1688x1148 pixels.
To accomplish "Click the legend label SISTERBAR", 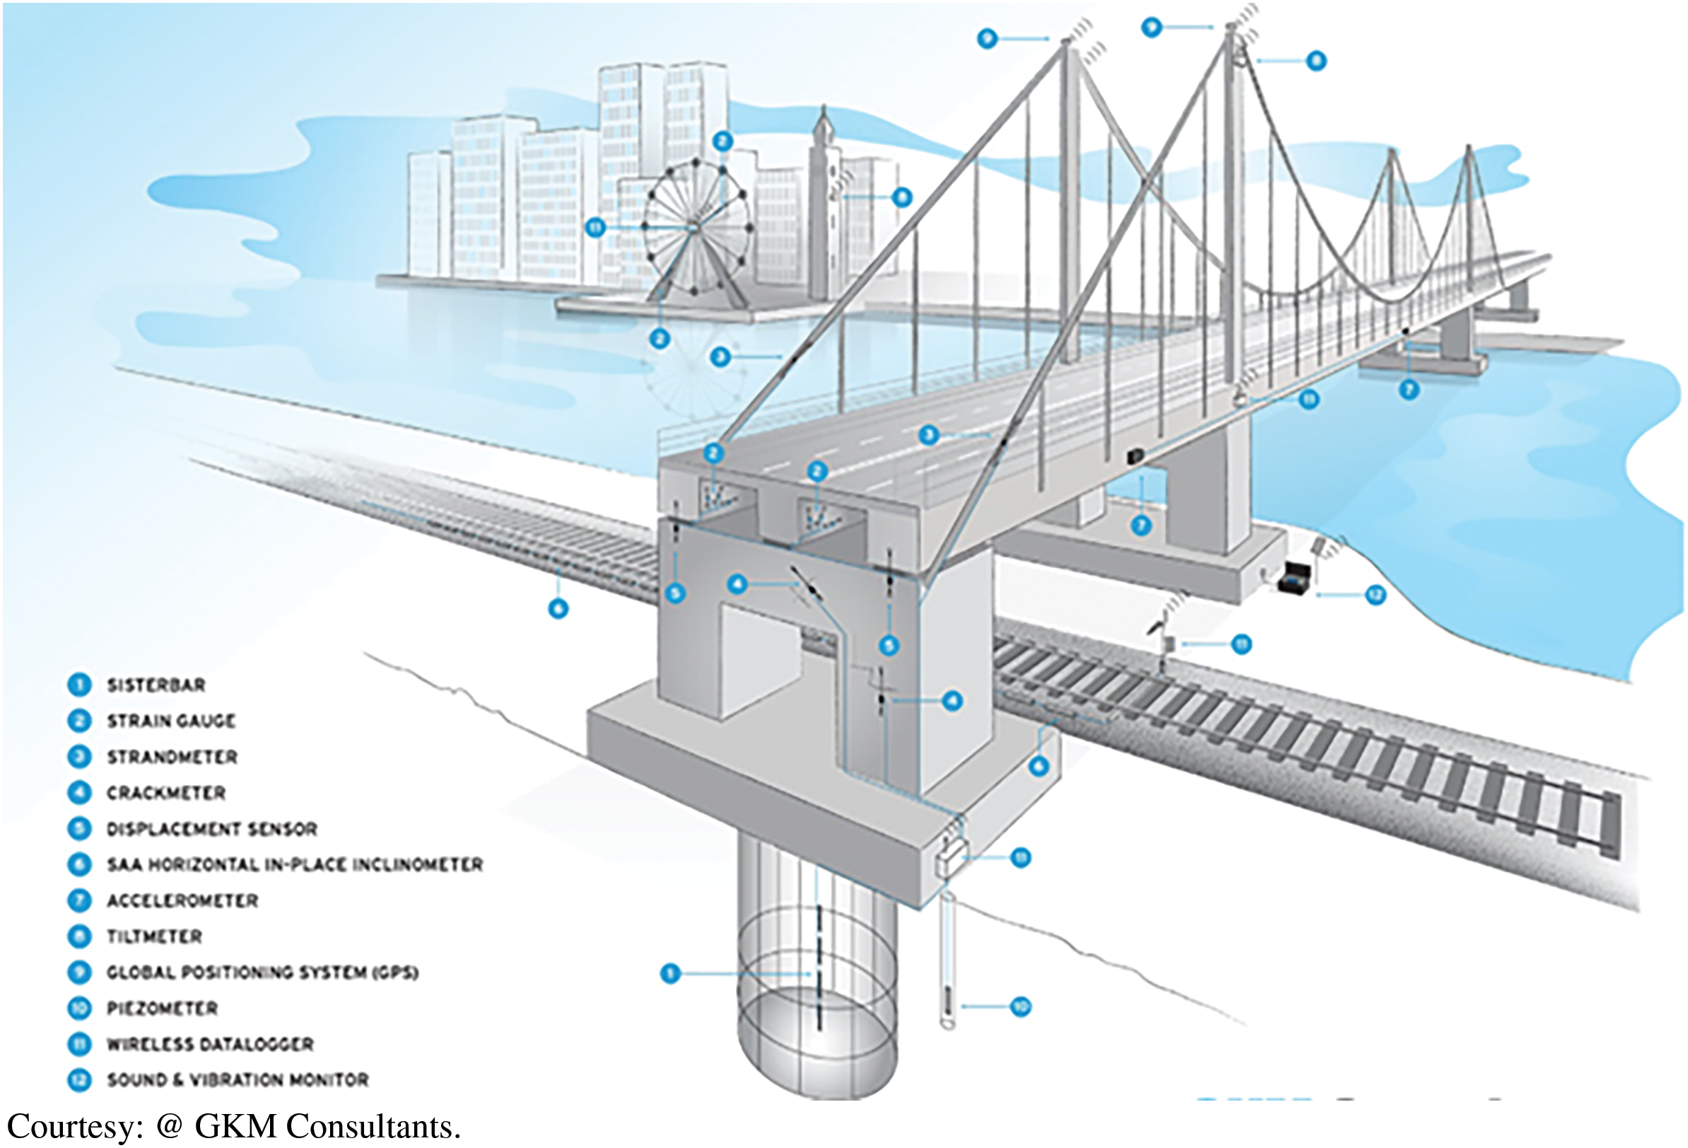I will [156, 685].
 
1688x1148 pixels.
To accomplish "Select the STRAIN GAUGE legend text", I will [171, 721].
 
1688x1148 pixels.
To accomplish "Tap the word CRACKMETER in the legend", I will [166, 793].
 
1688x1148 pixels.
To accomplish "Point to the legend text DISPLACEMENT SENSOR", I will [212, 829].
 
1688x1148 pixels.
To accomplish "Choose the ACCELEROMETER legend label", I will [182, 901].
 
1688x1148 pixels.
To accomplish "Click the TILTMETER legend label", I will [154, 937].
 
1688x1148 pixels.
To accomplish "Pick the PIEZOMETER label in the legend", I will [162, 1009].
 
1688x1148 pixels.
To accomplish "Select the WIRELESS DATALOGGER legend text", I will [210, 1044].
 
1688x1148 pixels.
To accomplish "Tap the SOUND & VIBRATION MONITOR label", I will [238, 1080].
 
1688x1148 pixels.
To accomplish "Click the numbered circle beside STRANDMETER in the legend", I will [79, 757].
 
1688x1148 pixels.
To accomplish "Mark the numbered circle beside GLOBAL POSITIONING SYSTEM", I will [79, 972].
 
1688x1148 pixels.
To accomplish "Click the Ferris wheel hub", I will [693, 228].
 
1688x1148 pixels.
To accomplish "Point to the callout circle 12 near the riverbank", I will [1375, 596].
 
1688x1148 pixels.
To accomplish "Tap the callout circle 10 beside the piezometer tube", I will [1021, 1007].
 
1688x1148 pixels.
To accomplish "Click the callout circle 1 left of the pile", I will [669, 973].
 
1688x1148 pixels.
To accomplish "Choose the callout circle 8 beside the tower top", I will [1315, 61].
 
